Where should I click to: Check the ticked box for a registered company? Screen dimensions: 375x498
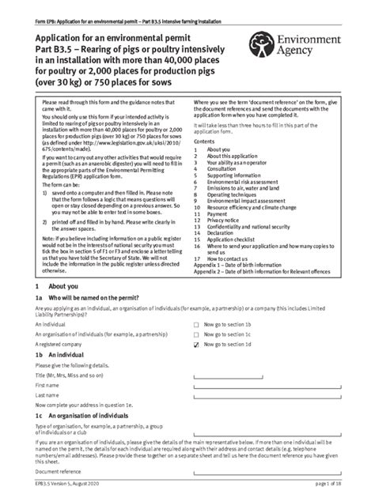(196, 345)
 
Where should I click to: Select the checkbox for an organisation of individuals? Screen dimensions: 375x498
(196, 335)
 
